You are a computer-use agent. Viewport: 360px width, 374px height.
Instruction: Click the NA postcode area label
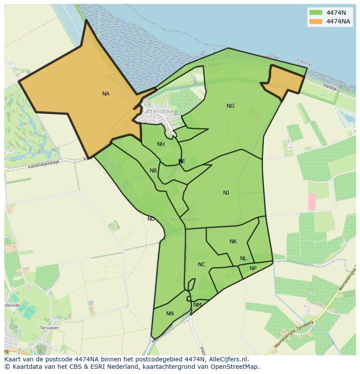(106, 94)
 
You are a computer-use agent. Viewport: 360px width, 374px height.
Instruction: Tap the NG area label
(230, 106)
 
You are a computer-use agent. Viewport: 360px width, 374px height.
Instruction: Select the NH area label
(161, 144)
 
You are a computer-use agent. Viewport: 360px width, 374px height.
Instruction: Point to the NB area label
(153, 171)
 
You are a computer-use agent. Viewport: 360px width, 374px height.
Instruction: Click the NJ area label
(226, 193)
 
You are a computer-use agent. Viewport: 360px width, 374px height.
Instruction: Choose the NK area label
(233, 242)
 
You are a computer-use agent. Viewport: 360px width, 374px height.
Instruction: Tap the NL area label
(243, 258)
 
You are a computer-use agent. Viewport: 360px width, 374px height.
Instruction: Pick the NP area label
(253, 268)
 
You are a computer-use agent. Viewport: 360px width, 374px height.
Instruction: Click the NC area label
(201, 265)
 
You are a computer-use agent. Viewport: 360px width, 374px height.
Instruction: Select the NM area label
(197, 305)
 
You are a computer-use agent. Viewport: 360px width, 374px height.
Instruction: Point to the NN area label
(170, 314)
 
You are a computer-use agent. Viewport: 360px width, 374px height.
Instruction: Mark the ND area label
(151, 219)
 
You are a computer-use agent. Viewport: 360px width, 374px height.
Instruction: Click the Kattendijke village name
(157, 111)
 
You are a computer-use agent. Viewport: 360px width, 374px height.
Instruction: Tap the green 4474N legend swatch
(316, 13)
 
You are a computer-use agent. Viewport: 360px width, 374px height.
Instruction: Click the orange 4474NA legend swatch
(316, 21)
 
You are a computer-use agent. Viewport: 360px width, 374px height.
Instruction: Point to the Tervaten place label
(49, 328)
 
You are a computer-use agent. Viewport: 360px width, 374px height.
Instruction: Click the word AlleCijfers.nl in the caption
(228, 359)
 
